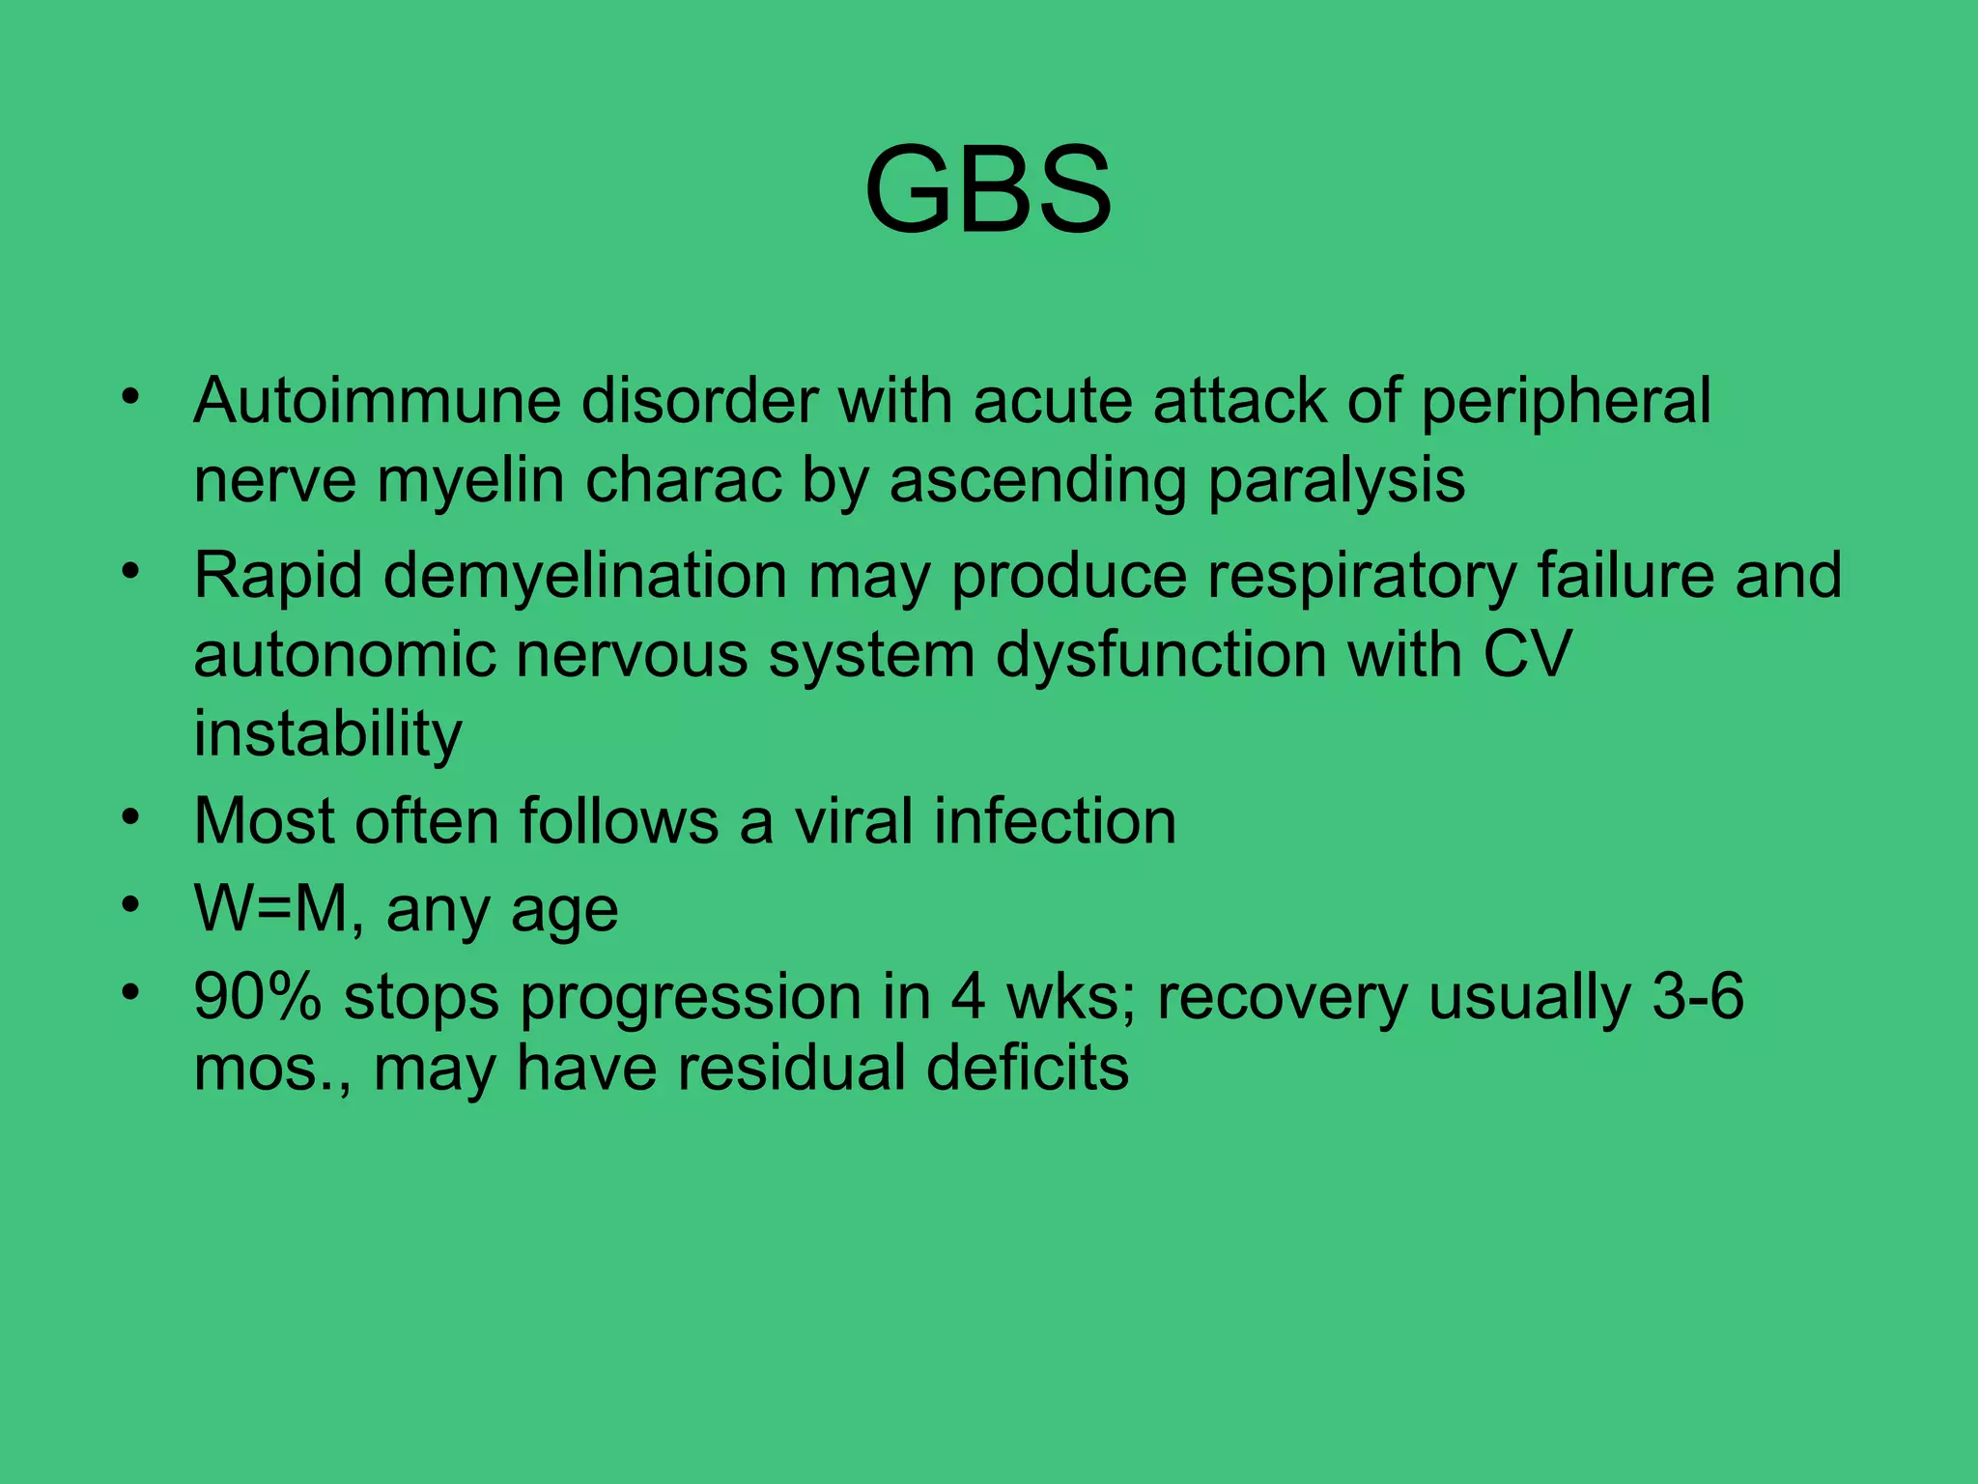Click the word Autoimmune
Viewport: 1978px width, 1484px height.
pyautogui.click(x=377, y=400)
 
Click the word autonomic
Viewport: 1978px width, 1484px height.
pyautogui.click(x=344, y=655)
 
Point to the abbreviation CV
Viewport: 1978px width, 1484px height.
pyautogui.click(x=1527, y=655)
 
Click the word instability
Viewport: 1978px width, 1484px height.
pyautogui.click(x=327, y=734)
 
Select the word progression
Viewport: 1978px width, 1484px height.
pyautogui.click(x=691, y=998)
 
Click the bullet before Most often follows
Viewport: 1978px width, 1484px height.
pyautogui.click(x=131, y=818)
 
